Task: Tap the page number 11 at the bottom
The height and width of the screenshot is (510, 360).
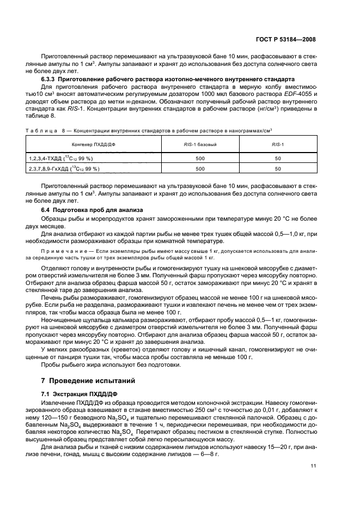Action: pos(312,466)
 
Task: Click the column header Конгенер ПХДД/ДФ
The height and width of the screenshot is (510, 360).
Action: pos(93,144)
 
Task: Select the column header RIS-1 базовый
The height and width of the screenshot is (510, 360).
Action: pos(200,144)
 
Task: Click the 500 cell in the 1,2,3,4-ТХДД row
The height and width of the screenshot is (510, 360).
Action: pos(200,157)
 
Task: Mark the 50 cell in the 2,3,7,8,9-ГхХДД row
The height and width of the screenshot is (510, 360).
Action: pos(278,169)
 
